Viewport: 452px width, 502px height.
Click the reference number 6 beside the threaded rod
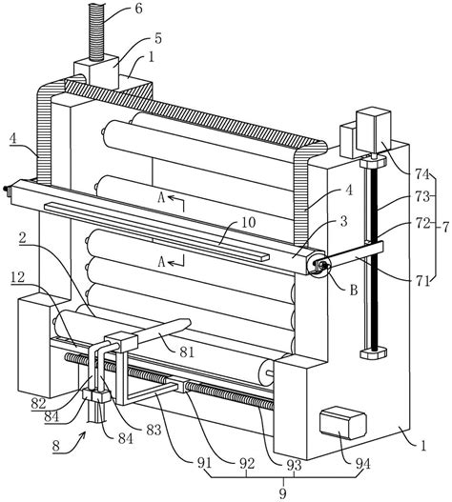pos(138,9)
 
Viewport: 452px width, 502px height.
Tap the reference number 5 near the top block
pos(158,38)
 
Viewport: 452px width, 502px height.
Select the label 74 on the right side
pos(422,174)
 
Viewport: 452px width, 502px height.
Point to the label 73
pos(422,196)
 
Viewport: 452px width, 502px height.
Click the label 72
pos(422,224)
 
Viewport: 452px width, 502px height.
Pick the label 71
pos(422,281)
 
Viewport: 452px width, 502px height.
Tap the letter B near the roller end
pos(354,291)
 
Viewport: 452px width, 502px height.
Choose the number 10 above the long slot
pos(249,222)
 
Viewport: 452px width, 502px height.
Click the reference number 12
pos(17,277)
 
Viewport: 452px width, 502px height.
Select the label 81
pos(187,352)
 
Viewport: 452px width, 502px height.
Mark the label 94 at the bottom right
pos(363,464)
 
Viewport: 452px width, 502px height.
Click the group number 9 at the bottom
pos(283,493)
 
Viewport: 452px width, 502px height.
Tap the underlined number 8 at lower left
pos(56,446)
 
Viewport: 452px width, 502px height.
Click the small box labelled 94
pos(343,423)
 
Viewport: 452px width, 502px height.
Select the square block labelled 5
pos(96,72)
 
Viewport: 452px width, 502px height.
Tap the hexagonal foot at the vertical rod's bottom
pos(373,353)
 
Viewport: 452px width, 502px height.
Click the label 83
pos(154,430)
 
